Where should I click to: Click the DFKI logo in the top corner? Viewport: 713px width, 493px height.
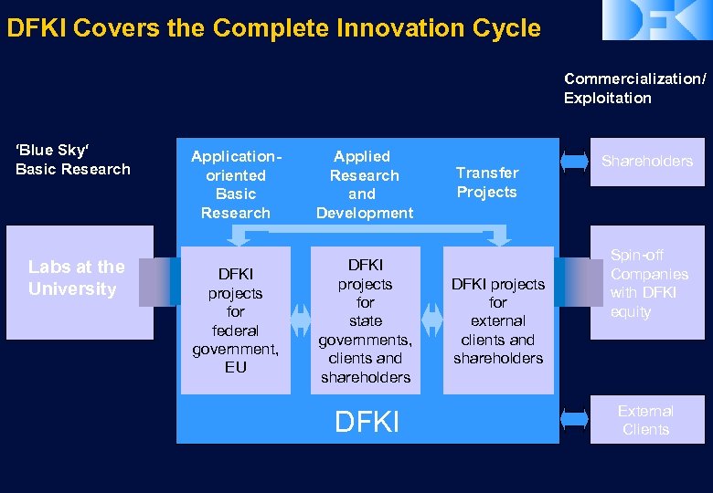[656, 20]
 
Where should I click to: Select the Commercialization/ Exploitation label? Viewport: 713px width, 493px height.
[633, 89]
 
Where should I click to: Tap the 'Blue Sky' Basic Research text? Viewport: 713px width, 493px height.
[72, 160]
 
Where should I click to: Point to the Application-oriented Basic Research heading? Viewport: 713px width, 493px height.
[236, 184]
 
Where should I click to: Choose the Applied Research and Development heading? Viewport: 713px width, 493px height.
[364, 184]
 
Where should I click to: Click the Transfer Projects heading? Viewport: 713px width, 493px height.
[486, 183]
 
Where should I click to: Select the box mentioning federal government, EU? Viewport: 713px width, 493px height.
[235, 320]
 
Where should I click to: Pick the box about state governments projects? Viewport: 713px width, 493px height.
[365, 320]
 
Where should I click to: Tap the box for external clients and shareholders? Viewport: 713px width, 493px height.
[497, 320]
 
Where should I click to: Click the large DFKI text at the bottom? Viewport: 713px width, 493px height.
[367, 423]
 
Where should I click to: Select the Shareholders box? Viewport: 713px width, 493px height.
[646, 162]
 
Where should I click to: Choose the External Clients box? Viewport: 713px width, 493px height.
[646, 420]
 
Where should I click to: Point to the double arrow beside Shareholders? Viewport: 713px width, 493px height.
[573, 162]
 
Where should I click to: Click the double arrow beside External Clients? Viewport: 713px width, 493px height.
[573, 419]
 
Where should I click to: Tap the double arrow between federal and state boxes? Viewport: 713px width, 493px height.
[301, 320]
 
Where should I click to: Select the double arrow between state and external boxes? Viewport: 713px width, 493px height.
[431, 320]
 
